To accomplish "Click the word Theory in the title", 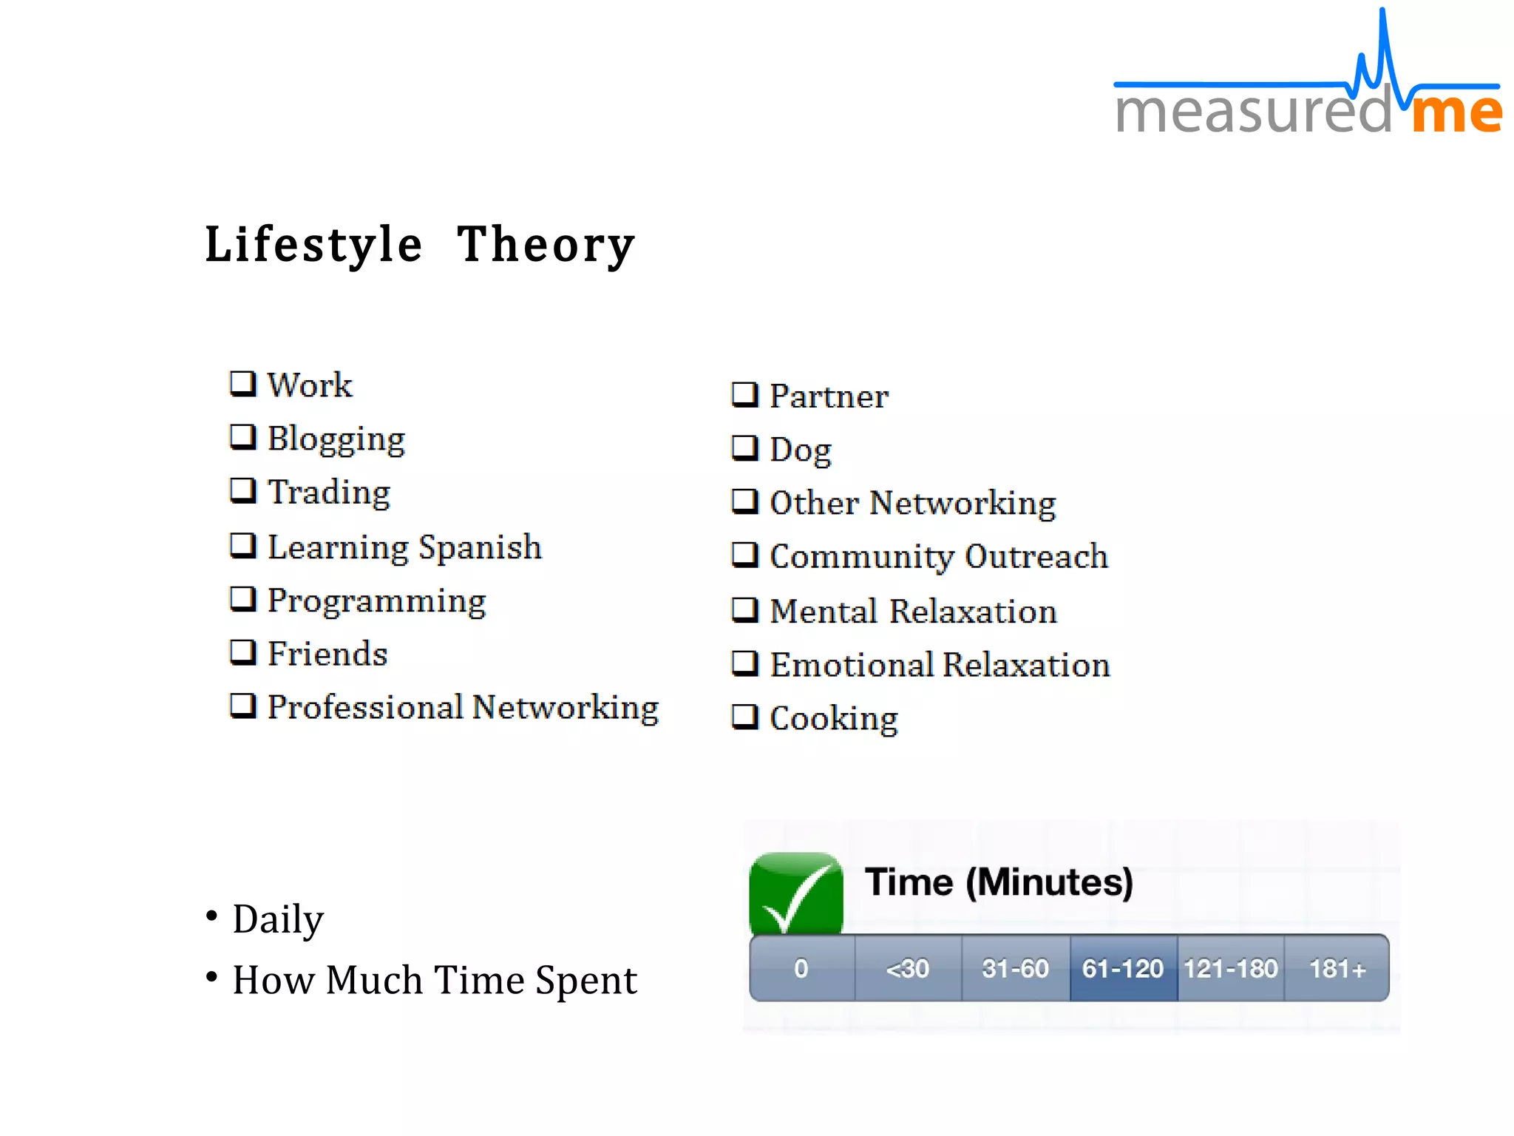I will click(546, 245).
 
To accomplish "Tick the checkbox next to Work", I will click(242, 384).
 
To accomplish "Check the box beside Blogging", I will click(242, 437).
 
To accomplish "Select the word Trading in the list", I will click(329, 492).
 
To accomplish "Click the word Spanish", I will click(480, 548).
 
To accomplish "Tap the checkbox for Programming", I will click(242, 598).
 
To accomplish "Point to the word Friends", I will click(327, 654).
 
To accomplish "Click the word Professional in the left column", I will click(365, 707).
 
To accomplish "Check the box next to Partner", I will click(744, 395).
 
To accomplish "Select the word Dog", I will click(801, 450).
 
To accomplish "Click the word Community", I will click(862, 557).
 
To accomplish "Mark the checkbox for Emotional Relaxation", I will click(744, 663).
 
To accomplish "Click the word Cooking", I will click(834, 718).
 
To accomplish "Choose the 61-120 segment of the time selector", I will click(1123, 968).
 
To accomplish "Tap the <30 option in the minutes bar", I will click(908, 968).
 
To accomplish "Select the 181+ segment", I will click(1337, 968).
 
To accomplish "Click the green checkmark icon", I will click(796, 893).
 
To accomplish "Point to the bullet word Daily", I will click(278, 919).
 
